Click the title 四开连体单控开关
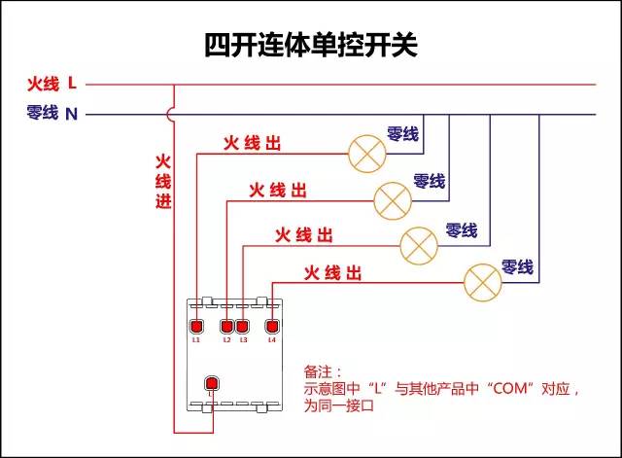[310, 45]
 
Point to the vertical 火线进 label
[163, 181]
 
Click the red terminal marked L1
[195, 326]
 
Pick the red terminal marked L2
[227, 326]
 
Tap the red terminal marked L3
[243, 326]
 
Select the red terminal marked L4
[272, 326]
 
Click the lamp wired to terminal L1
[367, 153]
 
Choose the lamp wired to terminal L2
[393, 198]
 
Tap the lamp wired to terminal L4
[481, 281]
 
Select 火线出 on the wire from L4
[333, 272]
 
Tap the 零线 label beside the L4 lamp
[517, 266]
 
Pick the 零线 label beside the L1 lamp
[402, 133]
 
